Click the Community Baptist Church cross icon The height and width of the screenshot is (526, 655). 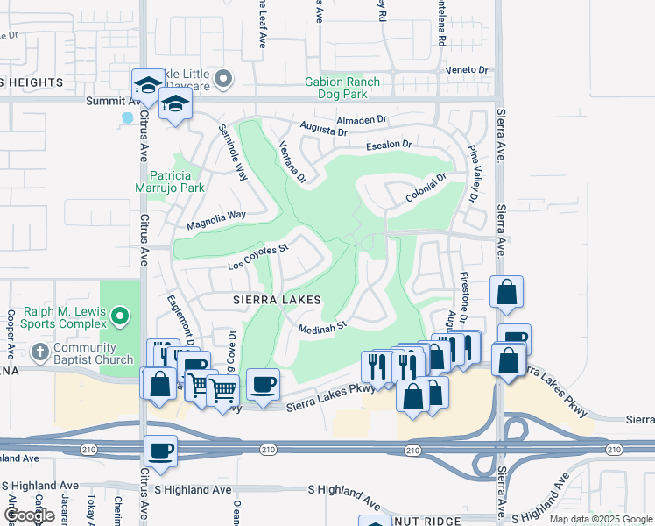click(x=39, y=352)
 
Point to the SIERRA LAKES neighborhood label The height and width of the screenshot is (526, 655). click(x=271, y=300)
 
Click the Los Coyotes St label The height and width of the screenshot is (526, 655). click(x=258, y=257)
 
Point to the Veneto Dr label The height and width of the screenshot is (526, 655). click(x=467, y=69)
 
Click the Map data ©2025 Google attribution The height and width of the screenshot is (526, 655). click(x=600, y=519)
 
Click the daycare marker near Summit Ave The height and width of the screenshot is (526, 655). click(x=223, y=80)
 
